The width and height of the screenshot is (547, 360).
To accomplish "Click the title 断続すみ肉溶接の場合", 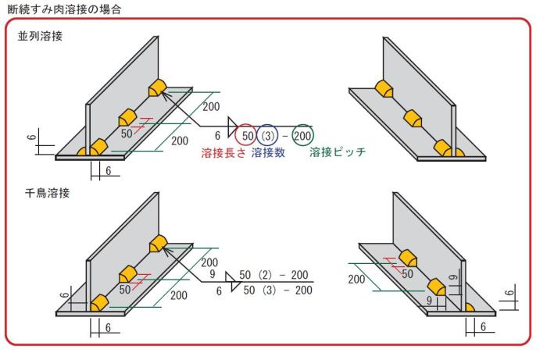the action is tap(64, 9).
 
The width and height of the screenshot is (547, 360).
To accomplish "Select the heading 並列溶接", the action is tap(40, 36).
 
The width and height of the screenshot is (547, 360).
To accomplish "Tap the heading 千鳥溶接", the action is tap(48, 193).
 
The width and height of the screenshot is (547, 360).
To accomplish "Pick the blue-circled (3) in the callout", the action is tap(268, 136).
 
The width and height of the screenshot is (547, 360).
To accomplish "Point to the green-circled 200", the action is tap(302, 136).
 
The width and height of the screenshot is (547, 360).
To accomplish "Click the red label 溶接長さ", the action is tap(223, 152).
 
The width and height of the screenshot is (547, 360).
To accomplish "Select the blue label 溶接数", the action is tap(268, 152).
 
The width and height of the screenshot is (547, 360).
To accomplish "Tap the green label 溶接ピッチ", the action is tap(338, 152).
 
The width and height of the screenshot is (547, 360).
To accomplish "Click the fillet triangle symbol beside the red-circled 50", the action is tap(232, 127).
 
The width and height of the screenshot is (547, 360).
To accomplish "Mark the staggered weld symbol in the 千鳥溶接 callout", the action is tap(233, 282).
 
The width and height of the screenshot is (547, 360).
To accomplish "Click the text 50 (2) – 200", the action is tap(273, 275).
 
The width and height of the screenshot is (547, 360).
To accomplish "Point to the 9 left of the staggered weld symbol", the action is tap(212, 274).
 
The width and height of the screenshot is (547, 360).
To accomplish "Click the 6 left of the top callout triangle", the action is tap(218, 136).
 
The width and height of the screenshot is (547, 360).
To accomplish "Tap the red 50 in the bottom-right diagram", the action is tap(407, 273).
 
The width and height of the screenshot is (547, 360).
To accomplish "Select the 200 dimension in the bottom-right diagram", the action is tap(356, 279).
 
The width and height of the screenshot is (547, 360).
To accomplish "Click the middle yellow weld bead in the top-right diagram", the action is tap(413, 119).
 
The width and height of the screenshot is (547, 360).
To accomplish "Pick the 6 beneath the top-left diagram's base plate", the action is tap(108, 171).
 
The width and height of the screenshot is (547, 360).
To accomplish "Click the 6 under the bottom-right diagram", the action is tap(483, 327).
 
